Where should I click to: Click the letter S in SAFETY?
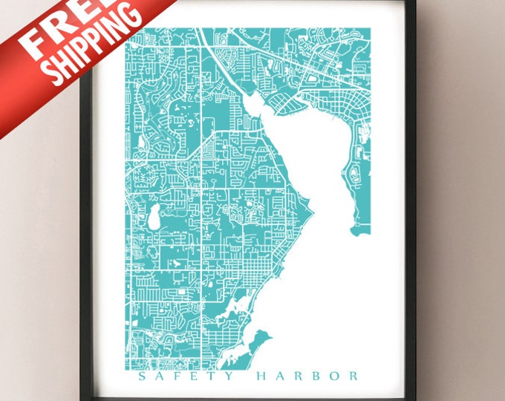click(x=143, y=376)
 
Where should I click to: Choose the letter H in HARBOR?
click(x=261, y=376)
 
